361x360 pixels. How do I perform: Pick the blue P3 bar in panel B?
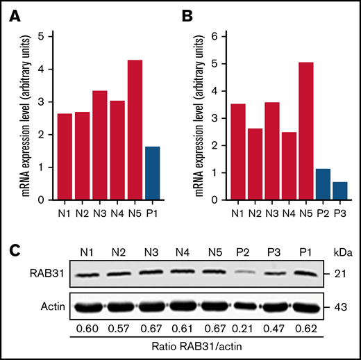click(x=340, y=191)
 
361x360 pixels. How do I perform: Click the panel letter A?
click(x=15, y=16)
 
